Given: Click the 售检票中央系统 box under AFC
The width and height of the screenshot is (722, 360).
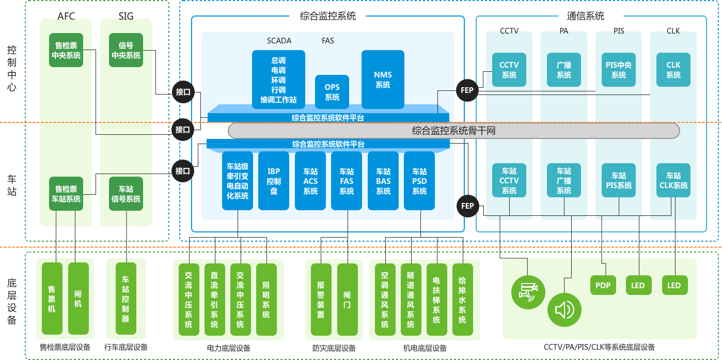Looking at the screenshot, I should coord(66,51).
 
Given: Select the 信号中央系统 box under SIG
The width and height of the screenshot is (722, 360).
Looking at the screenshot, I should coord(126,51).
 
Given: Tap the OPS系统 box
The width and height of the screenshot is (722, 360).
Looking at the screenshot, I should coord(332,92).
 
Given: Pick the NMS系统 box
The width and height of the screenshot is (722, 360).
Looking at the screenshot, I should coord(383,80).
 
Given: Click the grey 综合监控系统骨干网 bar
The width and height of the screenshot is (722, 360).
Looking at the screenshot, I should coord(453,131).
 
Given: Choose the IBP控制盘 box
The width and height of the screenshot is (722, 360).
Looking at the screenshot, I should coord(274,181).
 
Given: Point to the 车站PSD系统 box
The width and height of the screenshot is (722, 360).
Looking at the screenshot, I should coord(419,181).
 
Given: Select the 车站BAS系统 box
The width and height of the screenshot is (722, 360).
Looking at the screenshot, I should coord(383,181).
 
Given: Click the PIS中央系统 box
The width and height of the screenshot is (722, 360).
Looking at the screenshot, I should coord(619,70).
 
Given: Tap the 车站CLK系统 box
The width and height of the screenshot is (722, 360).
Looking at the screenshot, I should coord(673,180).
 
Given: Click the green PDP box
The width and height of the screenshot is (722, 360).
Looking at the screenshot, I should coord(603,285).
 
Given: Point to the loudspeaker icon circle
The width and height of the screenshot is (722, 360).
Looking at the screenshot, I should coord(564,310).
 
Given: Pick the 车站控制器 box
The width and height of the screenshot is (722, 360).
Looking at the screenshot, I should coord(125,299).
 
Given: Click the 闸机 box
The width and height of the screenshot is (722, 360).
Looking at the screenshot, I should coord(78,299).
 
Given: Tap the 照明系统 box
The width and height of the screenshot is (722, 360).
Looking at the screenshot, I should coord(266,300).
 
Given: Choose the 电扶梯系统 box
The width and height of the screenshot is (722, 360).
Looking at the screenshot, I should coord(436,300).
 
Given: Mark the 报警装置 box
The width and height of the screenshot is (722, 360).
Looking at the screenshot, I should coord(321,300).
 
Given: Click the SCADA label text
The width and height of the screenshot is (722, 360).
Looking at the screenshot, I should coord(279,40).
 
